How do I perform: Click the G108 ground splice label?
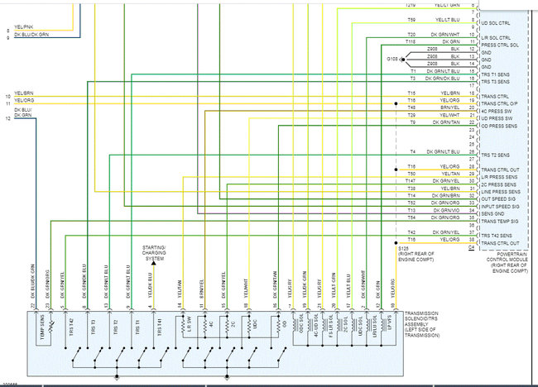(x=391, y=58)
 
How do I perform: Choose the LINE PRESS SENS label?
(x=498, y=192)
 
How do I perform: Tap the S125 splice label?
(x=403, y=247)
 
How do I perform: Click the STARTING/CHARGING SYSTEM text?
(x=154, y=253)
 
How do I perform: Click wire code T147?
(x=410, y=180)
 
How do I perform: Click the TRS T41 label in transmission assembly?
(x=157, y=328)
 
